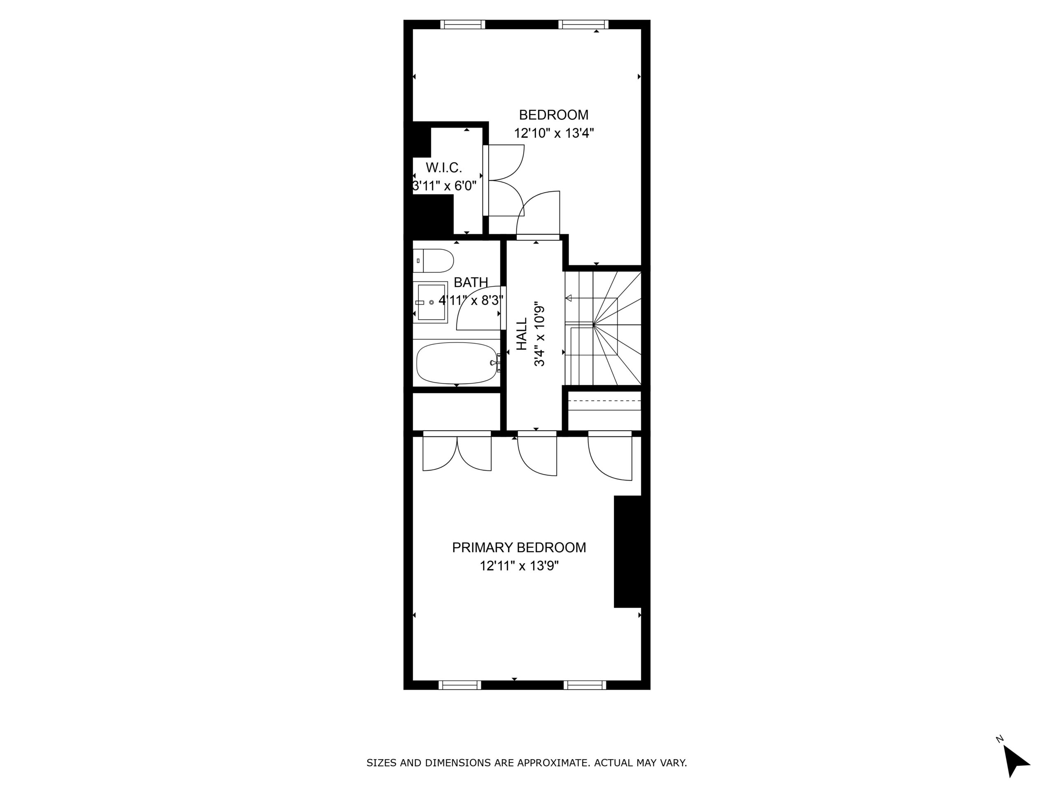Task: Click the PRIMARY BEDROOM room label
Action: click(519, 548)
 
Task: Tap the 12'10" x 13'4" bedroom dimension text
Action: click(554, 133)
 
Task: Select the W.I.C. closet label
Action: click(443, 167)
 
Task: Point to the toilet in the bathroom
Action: click(433, 260)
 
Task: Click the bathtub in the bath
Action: click(457, 363)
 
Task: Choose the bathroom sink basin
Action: click(431, 302)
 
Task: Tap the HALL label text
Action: click(522, 334)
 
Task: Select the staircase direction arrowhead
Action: click(569, 298)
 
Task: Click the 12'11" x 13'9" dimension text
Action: click(519, 566)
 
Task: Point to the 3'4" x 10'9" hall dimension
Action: click(539, 334)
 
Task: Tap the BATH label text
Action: click(471, 282)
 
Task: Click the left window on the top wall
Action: click(462, 24)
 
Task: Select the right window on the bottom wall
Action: click(585, 685)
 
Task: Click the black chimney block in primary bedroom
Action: click(627, 551)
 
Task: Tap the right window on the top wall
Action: click(583, 24)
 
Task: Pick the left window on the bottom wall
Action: click(459, 685)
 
